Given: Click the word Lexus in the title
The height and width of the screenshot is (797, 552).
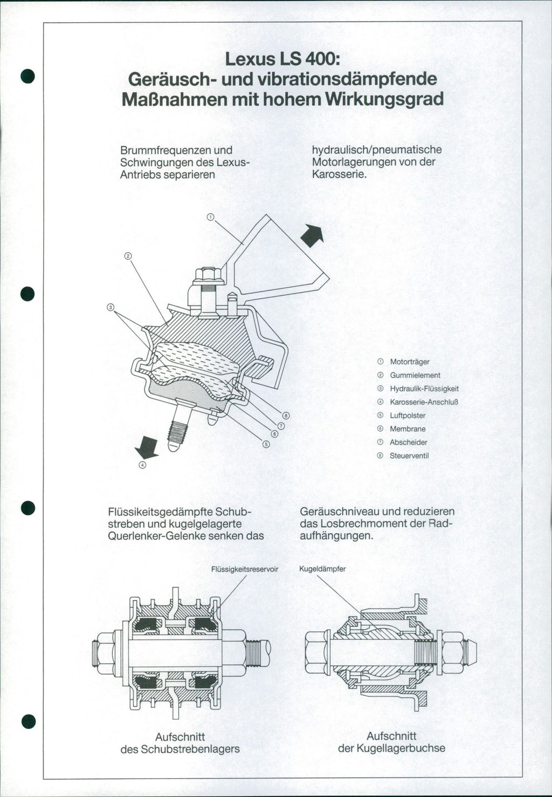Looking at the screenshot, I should (x=249, y=58).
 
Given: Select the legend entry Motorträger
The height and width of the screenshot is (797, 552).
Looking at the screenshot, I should (x=409, y=362).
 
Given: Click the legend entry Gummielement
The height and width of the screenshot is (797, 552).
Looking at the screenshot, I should (x=415, y=375).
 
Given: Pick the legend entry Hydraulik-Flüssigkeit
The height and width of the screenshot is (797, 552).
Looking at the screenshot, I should (x=424, y=389).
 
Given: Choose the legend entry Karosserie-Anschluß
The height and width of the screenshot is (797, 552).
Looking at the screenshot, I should (x=424, y=402).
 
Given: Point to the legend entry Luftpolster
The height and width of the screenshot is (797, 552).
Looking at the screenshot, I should (x=408, y=415).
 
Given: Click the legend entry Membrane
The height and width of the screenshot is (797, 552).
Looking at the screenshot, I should (x=408, y=429).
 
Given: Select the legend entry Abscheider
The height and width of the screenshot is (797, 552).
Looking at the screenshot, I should (x=408, y=442).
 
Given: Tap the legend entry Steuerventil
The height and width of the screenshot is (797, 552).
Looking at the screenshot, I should (x=409, y=456).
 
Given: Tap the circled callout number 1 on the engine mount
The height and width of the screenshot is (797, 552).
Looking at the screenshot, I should (x=210, y=217).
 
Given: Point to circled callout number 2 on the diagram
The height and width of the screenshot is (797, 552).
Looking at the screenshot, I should (x=128, y=255).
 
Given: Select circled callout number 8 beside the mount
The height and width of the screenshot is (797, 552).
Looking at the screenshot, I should (x=286, y=415).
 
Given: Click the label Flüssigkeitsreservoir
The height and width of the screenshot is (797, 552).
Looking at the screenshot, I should (x=245, y=569).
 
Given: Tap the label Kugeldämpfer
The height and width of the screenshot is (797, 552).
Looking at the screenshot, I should (x=322, y=569).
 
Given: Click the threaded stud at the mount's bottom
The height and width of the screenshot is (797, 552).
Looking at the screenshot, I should (x=176, y=430).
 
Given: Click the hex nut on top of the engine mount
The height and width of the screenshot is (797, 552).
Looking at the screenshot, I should (x=209, y=275).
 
